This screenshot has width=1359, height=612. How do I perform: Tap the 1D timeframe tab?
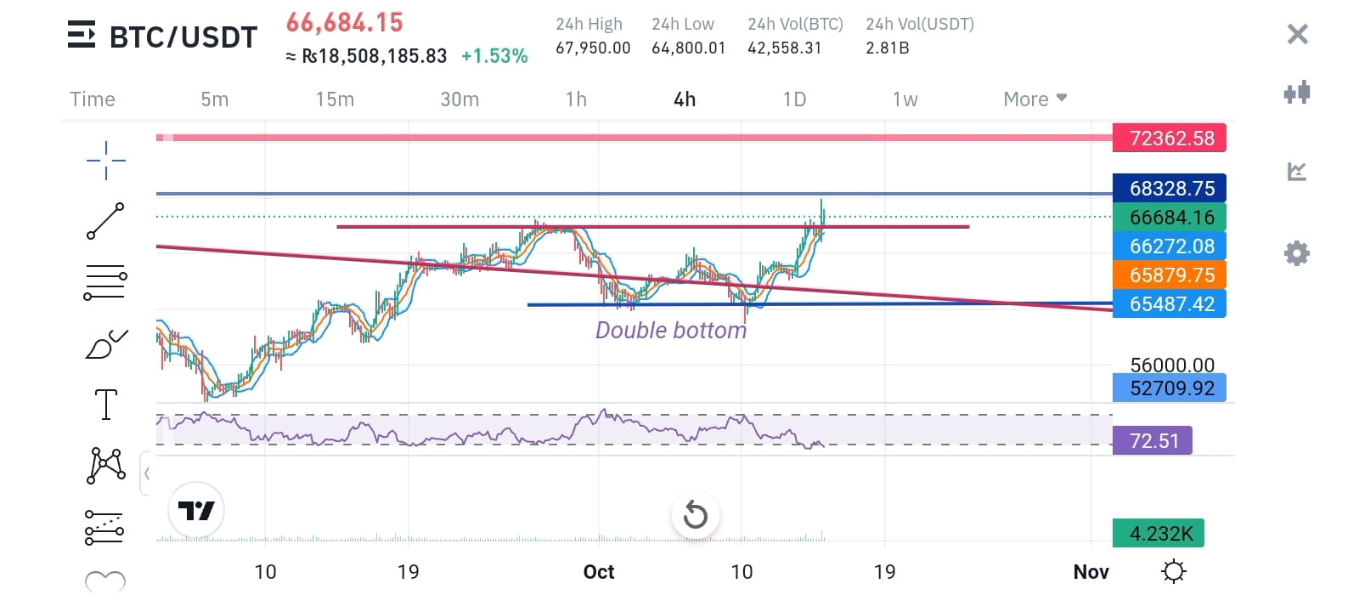[x=794, y=99]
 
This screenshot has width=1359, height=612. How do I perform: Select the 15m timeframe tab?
[x=335, y=99]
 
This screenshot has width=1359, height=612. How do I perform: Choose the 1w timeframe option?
[x=905, y=99]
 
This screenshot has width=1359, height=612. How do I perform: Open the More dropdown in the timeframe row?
[x=1035, y=99]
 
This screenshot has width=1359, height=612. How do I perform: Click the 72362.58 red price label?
[x=1170, y=138]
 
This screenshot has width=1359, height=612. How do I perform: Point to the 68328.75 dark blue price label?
[x=1170, y=188]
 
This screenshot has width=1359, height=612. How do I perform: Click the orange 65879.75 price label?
[x=1170, y=275]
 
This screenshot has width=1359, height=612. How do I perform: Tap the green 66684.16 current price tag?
[x=1170, y=217]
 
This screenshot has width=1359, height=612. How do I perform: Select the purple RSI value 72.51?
[x=1153, y=440]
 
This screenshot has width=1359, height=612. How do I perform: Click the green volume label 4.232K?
[x=1159, y=533]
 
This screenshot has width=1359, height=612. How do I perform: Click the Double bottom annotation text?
[x=671, y=330]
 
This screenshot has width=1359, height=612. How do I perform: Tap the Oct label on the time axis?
[x=599, y=572]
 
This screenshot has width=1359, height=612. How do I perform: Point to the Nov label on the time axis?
[x=1091, y=572]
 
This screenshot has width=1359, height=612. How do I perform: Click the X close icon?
[x=1297, y=34]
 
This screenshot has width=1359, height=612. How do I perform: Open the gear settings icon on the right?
[x=1296, y=253]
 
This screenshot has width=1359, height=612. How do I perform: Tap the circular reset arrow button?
[x=695, y=514]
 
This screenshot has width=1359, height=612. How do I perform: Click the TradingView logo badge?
[x=196, y=511]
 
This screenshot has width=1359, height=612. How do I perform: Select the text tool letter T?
[x=106, y=405]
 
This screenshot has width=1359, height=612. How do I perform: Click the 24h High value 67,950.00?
[x=593, y=48]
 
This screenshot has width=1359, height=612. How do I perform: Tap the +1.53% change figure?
[x=494, y=56]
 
